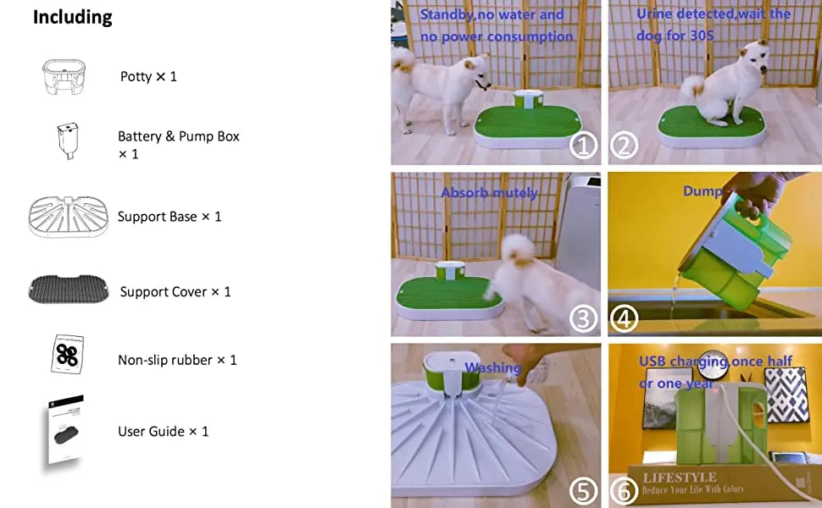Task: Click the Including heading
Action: pyautogui.click(x=72, y=18)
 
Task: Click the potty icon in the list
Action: pyautogui.click(x=64, y=76)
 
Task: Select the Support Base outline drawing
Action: pyautogui.click(x=69, y=217)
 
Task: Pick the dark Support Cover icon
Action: pyautogui.click(x=69, y=290)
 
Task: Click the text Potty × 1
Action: pyautogui.click(x=148, y=76)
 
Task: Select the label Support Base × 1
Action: pyautogui.click(x=169, y=217)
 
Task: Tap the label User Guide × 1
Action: pyautogui.click(x=163, y=432)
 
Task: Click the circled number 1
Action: pyautogui.click(x=583, y=146)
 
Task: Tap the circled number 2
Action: pyautogui.click(x=625, y=146)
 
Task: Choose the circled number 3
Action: pyautogui.click(x=583, y=318)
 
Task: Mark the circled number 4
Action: pyautogui.click(x=625, y=318)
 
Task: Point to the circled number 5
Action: pyautogui.click(x=583, y=491)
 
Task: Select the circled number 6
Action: pyautogui.click(x=625, y=491)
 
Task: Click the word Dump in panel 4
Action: pyautogui.click(x=703, y=192)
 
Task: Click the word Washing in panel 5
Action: pyautogui.click(x=492, y=368)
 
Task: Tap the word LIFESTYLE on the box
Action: pyautogui.click(x=680, y=478)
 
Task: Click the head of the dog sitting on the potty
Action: pyautogui.click(x=753, y=59)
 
